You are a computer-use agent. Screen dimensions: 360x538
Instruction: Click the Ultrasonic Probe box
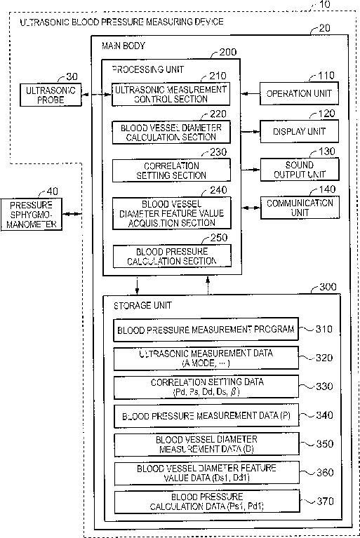click(x=51, y=95)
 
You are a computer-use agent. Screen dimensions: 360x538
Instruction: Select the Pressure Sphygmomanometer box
click(x=32, y=215)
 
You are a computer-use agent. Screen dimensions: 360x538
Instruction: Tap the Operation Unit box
click(x=299, y=93)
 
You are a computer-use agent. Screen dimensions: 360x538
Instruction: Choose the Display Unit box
click(x=299, y=131)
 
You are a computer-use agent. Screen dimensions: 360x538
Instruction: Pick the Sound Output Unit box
click(x=300, y=169)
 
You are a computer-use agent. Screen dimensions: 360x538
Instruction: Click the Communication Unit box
click(x=300, y=208)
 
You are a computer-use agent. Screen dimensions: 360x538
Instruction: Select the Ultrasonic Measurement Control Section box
click(x=171, y=94)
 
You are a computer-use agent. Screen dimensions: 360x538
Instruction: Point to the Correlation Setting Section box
click(x=171, y=170)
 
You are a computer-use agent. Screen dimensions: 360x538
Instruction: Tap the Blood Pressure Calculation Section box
click(x=172, y=256)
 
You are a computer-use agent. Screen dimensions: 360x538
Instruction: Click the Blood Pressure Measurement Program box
click(x=206, y=330)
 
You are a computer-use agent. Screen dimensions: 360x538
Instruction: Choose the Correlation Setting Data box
click(x=206, y=387)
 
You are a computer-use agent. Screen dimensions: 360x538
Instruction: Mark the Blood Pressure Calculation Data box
click(x=207, y=502)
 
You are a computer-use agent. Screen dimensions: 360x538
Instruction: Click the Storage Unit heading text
click(x=142, y=305)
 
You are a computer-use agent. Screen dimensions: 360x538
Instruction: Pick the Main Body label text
click(x=124, y=46)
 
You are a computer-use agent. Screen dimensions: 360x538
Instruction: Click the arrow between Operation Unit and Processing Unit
click(x=251, y=93)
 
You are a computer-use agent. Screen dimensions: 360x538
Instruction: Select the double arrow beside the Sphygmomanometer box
click(x=72, y=214)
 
